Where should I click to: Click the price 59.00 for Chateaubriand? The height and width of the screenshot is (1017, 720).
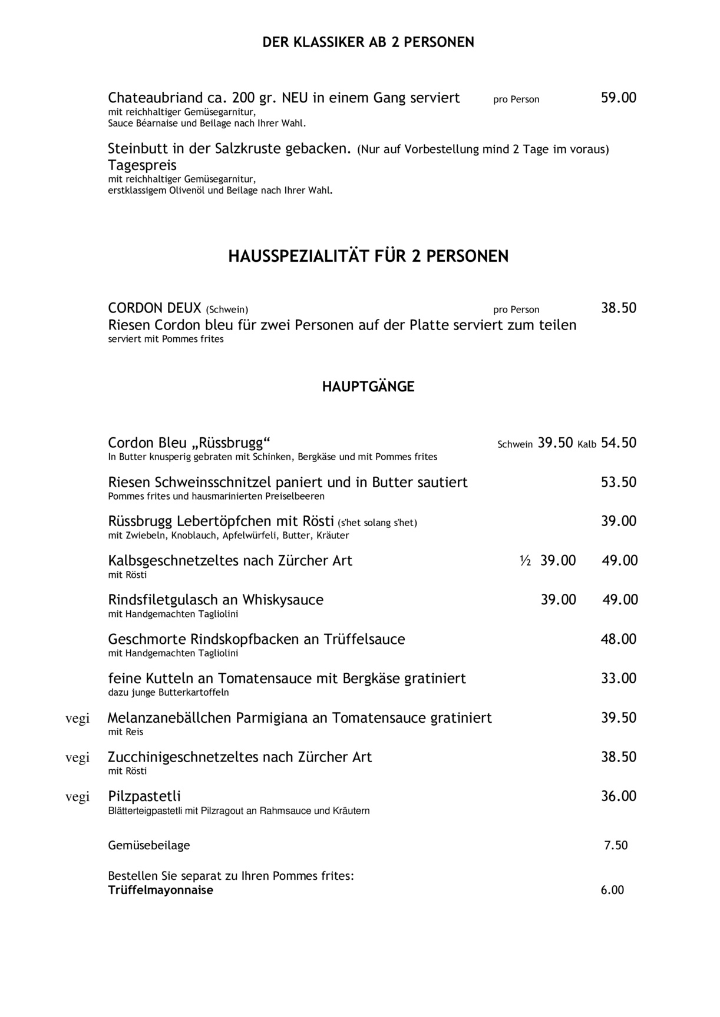618,98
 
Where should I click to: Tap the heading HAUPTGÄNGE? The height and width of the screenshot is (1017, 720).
368,387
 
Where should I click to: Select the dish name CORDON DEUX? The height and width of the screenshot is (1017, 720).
154,308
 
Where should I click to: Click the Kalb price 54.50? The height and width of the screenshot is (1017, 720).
618,443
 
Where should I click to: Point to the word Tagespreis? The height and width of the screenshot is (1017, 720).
142,165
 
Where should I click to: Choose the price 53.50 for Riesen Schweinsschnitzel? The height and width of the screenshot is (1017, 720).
618,482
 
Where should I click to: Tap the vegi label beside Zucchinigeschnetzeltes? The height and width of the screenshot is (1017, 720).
77,757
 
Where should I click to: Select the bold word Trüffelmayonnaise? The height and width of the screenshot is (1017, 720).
160,890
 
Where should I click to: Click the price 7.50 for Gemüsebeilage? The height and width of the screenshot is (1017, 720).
616,845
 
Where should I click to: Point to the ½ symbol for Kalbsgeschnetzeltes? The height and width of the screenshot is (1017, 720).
526,561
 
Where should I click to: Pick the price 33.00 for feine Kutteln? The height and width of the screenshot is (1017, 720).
618,678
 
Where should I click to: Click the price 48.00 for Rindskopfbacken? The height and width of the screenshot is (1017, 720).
618,639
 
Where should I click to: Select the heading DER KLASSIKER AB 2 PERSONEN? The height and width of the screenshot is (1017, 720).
368,42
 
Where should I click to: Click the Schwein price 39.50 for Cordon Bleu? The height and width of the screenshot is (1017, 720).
555,443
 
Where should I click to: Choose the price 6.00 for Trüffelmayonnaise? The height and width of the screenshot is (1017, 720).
612,890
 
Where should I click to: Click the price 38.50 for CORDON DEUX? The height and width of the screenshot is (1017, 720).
618,308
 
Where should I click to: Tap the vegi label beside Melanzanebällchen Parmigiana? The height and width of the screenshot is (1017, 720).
77,718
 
